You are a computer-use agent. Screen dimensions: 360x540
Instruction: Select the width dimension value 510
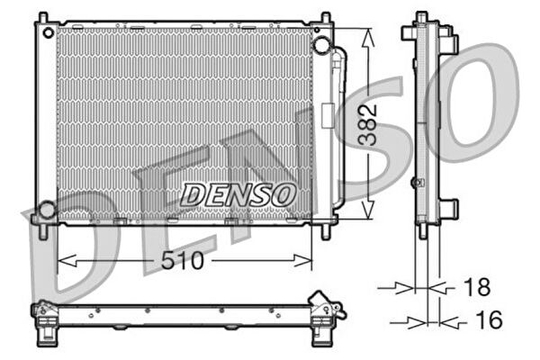click(x=184, y=262)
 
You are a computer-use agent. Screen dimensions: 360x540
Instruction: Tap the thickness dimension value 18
click(x=478, y=287)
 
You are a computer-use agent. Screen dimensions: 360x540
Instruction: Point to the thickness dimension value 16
click(x=487, y=319)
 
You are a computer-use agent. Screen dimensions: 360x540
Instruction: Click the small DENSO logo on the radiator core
click(x=238, y=193)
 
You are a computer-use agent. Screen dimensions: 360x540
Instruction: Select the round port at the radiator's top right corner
click(x=321, y=46)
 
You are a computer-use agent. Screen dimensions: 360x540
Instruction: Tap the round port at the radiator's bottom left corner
click(x=45, y=211)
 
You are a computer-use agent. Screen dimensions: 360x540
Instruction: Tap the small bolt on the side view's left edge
click(x=415, y=182)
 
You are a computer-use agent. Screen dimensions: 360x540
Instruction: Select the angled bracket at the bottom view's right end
click(x=324, y=305)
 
